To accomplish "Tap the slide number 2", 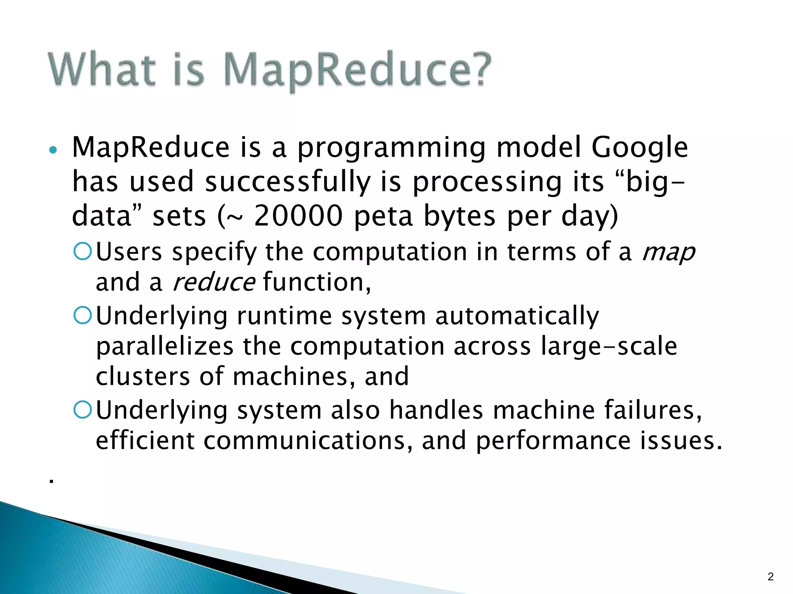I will coord(770,577).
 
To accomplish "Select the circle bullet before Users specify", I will coord(82,251).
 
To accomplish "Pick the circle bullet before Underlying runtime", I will coord(82,315).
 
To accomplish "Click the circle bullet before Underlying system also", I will coord(82,410).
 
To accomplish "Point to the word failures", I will coord(652,410).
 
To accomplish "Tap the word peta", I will coord(383,217).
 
